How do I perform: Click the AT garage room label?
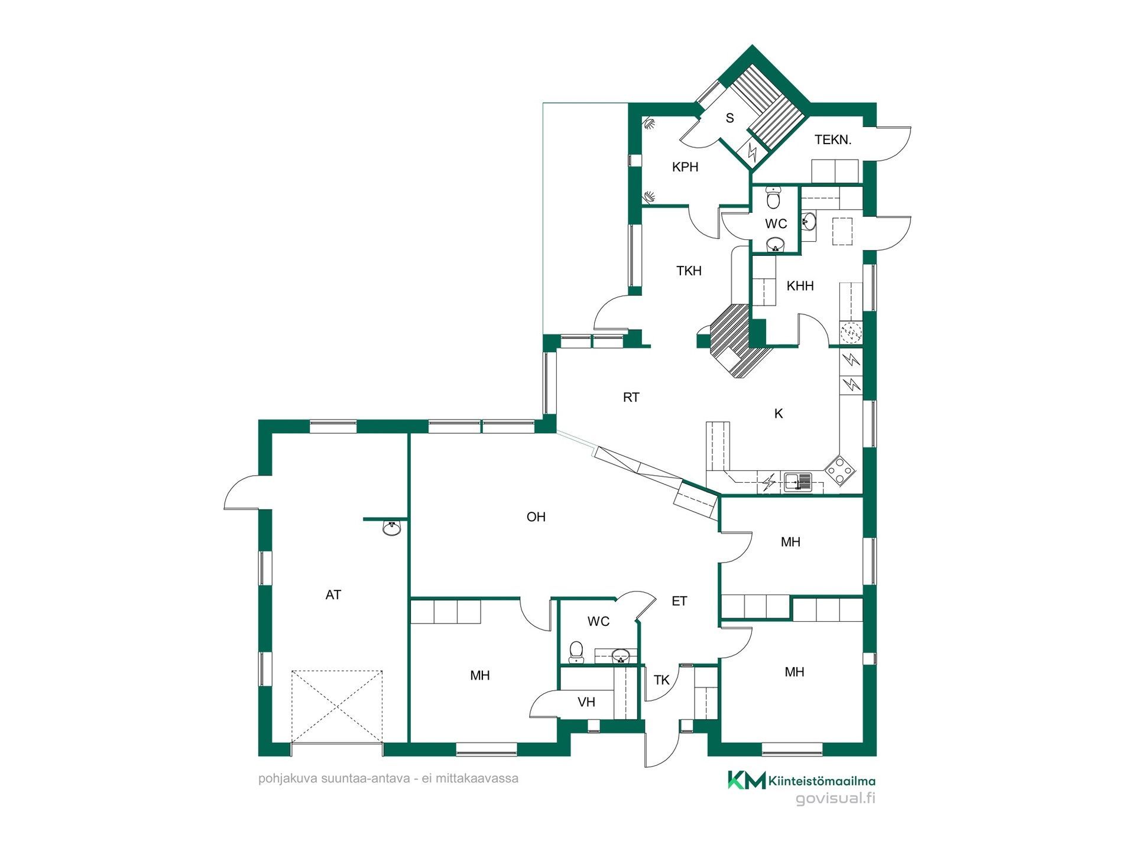[333, 595]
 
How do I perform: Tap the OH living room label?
[536, 517]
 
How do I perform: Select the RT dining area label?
[631, 397]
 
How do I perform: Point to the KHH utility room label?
[800, 286]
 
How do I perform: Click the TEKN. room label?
[833, 140]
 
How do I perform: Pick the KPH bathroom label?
[685, 167]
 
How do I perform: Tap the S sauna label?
[730, 118]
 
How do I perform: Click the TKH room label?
[689, 271]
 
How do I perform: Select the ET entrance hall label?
[680, 601]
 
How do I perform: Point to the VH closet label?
[586, 702]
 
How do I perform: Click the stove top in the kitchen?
[840, 470]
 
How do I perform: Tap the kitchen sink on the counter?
[798, 482]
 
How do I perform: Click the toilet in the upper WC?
[773, 197]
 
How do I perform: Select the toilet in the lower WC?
[576, 652]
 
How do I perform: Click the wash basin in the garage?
[392, 528]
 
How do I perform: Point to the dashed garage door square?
[337, 706]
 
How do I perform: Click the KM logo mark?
[747, 780]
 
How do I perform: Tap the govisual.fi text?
[835, 798]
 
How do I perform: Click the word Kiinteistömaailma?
[822, 781]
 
